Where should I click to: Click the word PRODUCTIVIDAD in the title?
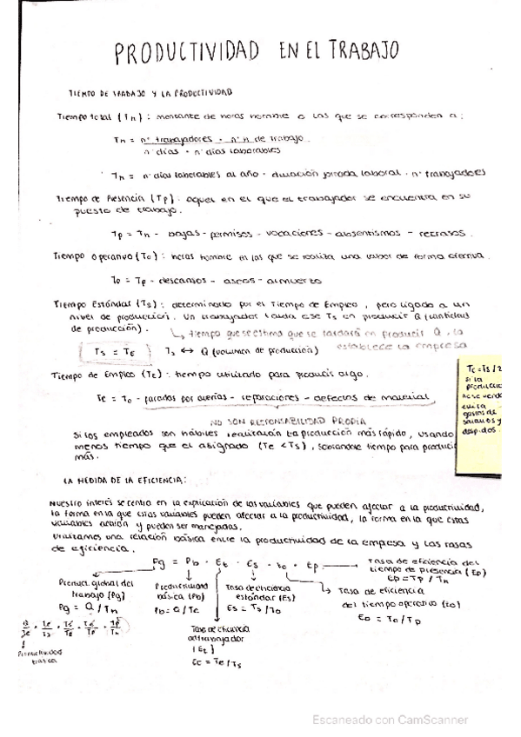pos(186,53)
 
